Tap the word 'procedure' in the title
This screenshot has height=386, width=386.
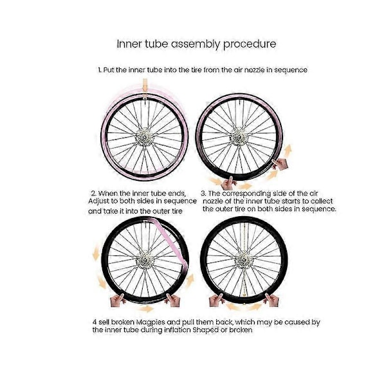pyautogui.click(x=250, y=44)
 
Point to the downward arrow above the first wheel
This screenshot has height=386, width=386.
pyautogui.click(x=145, y=86)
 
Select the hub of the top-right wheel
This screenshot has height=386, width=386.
pyautogui.click(x=238, y=136)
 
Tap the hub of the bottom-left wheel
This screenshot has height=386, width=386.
pyautogui.click(x=145, y=260)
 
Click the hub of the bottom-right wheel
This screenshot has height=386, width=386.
pyautogui.click(x=243, y=261)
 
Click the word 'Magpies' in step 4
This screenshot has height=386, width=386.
pyautogui.click(x=150, y=322)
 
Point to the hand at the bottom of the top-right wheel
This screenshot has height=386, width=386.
pyautogui.click(x=229, y=183)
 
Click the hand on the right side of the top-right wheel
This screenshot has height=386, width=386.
pyautogui.click(x=280, y=164)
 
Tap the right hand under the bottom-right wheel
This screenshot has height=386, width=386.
pyautogui.click(x=271, y=300)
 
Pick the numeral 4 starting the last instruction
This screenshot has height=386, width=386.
pyautogui.click(x=95, y=322)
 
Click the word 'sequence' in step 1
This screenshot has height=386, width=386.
pyautogui.click(x=291, y=70)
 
